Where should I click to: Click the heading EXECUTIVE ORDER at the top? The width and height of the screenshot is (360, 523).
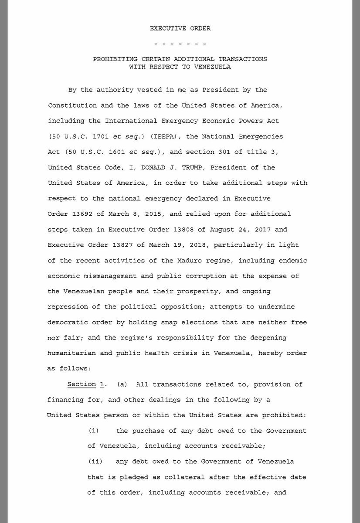pos(180,29)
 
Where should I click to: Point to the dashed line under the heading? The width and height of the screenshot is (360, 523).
pos(180,44)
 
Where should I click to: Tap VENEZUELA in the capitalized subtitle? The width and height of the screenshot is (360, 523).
pos(211,67)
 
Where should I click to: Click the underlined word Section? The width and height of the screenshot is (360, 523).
pos(82,384)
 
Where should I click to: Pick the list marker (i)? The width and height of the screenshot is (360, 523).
pos(94,431)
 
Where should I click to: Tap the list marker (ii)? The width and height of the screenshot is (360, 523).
pos(95,462)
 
